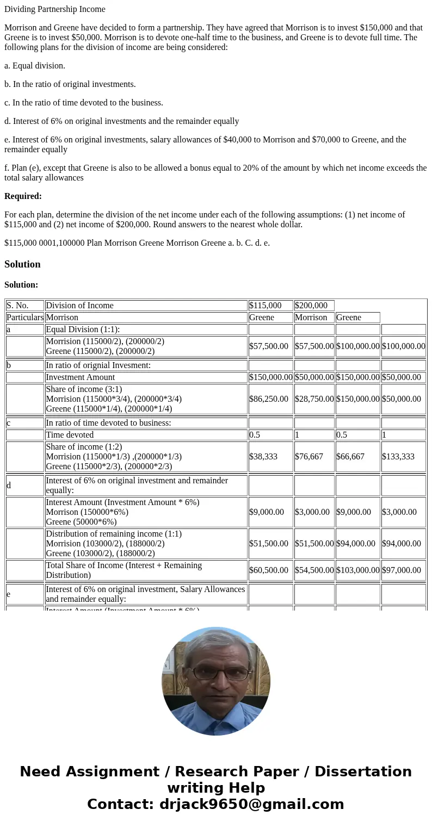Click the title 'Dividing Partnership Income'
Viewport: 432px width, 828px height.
[x=55, y=9]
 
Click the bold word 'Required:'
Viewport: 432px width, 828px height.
[x=23, y=196]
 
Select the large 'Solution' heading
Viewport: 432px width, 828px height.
[x=22, y=264]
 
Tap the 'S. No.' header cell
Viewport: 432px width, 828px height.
[x=17, y=306]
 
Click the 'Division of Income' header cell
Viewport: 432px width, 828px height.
[x=79, y=306]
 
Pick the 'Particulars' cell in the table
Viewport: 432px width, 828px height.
[x=25, y=317]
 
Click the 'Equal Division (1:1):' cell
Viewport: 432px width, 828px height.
[x=83, y=329]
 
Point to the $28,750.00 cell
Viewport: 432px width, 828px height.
[x=314, y=399]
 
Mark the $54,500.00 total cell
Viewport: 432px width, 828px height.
[x=314, y=570]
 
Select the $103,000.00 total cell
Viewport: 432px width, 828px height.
[x=358, y=570]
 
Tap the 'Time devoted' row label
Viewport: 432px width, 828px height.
[x=70, y=435]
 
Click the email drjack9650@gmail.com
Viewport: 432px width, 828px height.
[x=251, y=805]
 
